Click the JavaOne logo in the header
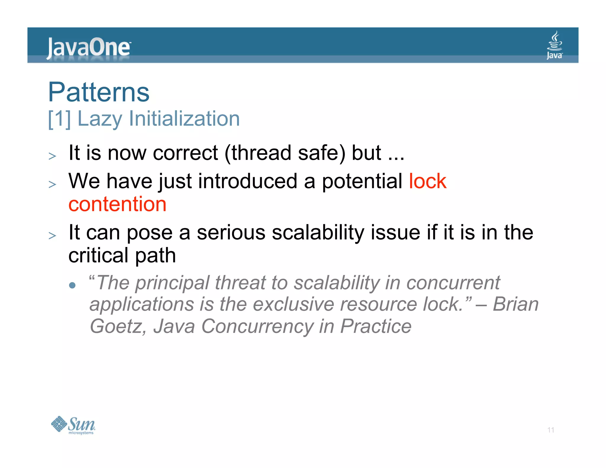tap(88, 47)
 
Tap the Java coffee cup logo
tap(555, 45)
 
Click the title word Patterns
tap(99, 92)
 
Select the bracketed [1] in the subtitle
tap(59, 119)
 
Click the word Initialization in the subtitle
tap(184, 119)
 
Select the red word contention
tap(117, 204)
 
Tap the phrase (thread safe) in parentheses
tap(285, 153)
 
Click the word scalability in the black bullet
tap(318, 233)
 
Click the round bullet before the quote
tap(72, 285)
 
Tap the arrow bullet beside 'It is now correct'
tap(52, 156)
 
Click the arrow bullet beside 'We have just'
tap(52, 184)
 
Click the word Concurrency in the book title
tap(257, 327)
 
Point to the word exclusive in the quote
tap(294, 305)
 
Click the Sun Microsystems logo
tap(73, 425)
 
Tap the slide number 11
tap(551, 430)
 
